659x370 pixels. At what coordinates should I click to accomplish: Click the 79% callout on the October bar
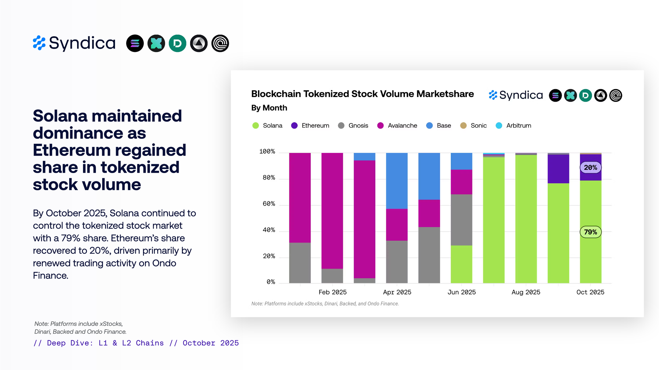[x=590, y=232]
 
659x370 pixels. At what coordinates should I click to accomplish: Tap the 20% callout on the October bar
[x=590, y=167]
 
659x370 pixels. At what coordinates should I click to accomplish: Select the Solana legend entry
[x=267, y=126]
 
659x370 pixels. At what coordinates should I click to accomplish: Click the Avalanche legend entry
[x=397, y=126]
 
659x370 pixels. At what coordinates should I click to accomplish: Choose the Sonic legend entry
[x=473, y=126]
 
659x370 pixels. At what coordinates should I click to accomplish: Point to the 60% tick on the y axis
[x=269, y=204]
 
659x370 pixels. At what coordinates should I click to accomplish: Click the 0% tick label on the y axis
[x=271, y=282]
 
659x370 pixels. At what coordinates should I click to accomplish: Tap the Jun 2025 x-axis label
[x=461, y=292]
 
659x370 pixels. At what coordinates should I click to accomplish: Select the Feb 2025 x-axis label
[x=332, y=292]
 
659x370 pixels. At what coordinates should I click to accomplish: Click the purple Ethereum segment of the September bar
[x=558, y=169]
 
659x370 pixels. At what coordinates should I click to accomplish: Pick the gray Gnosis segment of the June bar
[x=461, y=220]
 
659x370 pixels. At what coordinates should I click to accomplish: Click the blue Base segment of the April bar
[x=397, y=181]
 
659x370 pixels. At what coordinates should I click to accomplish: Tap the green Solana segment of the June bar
[x=461, y=264]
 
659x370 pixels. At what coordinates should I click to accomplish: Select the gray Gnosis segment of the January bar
[x=300, y=262]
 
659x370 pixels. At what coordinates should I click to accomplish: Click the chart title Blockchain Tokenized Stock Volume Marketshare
[x=362, y=94]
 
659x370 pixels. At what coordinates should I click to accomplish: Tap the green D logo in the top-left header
[x=177, y=43]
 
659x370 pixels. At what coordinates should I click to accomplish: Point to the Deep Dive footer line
[x=136, y=343]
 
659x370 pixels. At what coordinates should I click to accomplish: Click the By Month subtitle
[x=269, y=108]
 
